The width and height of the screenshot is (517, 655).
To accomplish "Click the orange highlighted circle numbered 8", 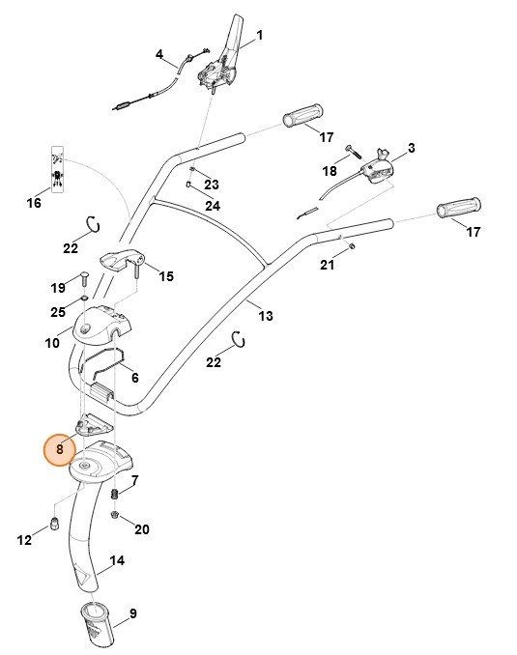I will (x=60, y=448).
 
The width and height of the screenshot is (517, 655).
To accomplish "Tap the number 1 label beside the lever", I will (x=259, y=37).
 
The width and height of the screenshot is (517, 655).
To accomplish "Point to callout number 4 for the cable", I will (x=159, y=55).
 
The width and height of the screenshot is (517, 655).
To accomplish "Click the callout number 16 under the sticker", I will (x=34, y=204).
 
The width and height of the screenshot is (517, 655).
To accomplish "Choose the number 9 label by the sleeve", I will (x=132, y=612).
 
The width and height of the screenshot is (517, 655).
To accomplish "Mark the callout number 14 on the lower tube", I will (x=117, y=560).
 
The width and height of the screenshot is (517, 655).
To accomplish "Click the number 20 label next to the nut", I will (x=142, y=529).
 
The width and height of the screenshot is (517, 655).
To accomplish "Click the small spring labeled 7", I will (x=116, y=496).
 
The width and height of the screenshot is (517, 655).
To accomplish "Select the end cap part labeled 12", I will (x=54, y=524).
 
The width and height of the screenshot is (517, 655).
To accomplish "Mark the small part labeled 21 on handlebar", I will (x=353, y=245).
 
